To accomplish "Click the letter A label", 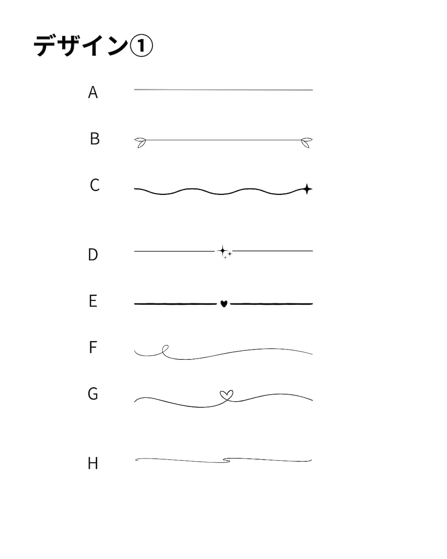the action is (x=93, y=92).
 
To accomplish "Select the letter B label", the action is (x=95, y=138).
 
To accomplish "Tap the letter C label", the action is (x=95, y=185).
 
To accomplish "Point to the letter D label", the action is (x=93, y=254).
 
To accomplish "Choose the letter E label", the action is (x=93, y=301).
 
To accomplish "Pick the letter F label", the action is (x=93, y=347).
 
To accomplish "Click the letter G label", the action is (x=93, y=394).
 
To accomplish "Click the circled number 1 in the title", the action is (x=141, y=46).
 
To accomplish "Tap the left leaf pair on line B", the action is (x=140, y=142).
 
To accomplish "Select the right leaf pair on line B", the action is (x=307, y=142).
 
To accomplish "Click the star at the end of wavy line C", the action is (x=307, y=189).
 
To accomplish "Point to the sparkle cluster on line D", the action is (x=224, y=252).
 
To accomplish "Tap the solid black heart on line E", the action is (x=223, y=303).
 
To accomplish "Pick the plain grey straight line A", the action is (x=223, y=90).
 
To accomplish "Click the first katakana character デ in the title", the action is (x=45, y=46).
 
